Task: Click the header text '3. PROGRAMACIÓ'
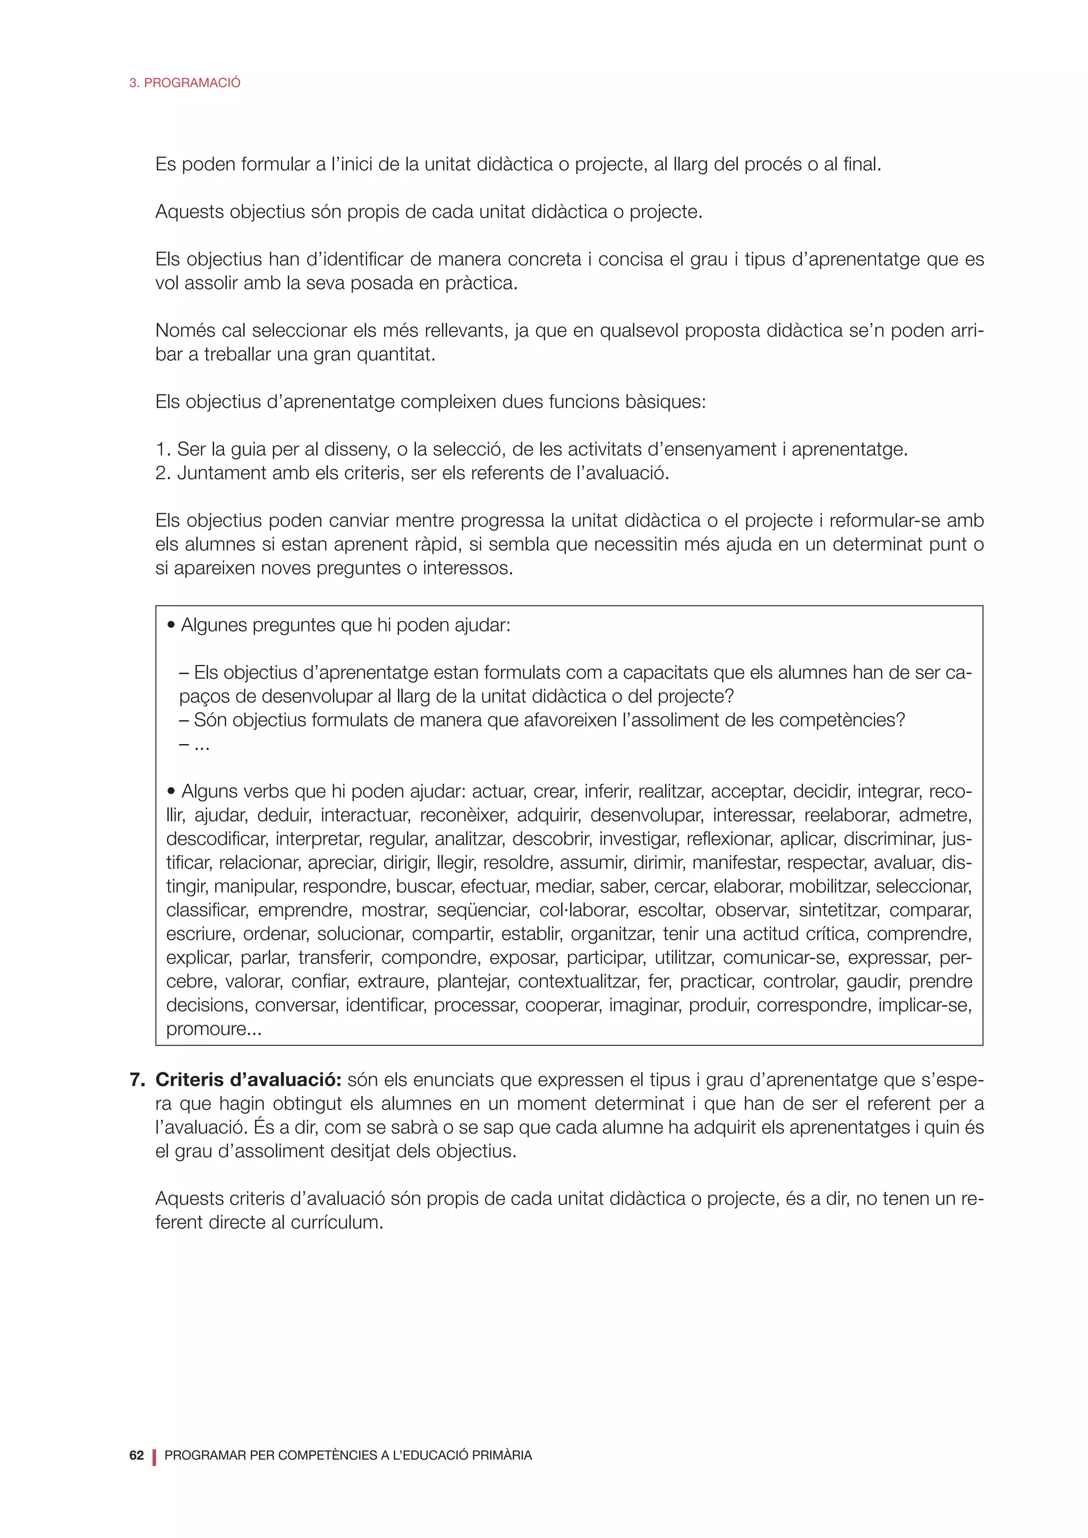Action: click(x=184, y=83)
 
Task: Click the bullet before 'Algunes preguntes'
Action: click(x=172, y=626)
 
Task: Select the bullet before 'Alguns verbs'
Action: click(x=172, y=792)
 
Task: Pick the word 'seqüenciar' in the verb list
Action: click(x=473, y=910)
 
